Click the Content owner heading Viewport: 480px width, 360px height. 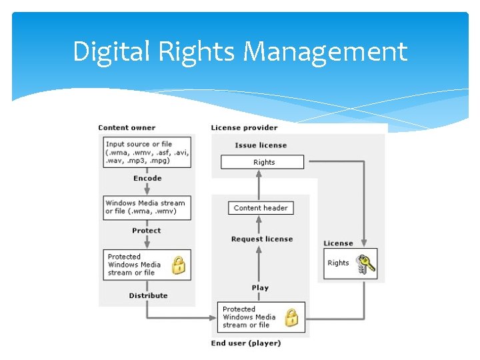point(127,127)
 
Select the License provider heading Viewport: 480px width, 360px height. point(244,127)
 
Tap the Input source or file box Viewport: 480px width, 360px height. point(147,152)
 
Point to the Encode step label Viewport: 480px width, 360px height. point(147,178)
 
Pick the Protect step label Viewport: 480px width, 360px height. point(147,231)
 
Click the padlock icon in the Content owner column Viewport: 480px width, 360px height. point(179,267)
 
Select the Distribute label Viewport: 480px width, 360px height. point(148,295)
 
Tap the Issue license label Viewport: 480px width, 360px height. point(261,145)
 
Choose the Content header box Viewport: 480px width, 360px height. point(261,208)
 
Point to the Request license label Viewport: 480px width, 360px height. point(262,239)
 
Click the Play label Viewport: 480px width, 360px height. point(261,288)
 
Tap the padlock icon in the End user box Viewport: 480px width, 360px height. point(292,318)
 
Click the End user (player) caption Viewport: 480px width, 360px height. point(246,343)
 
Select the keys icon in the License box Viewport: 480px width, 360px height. point(365,264)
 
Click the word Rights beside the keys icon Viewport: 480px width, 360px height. point(338,263)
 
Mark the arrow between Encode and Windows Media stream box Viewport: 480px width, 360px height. point(147,189)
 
